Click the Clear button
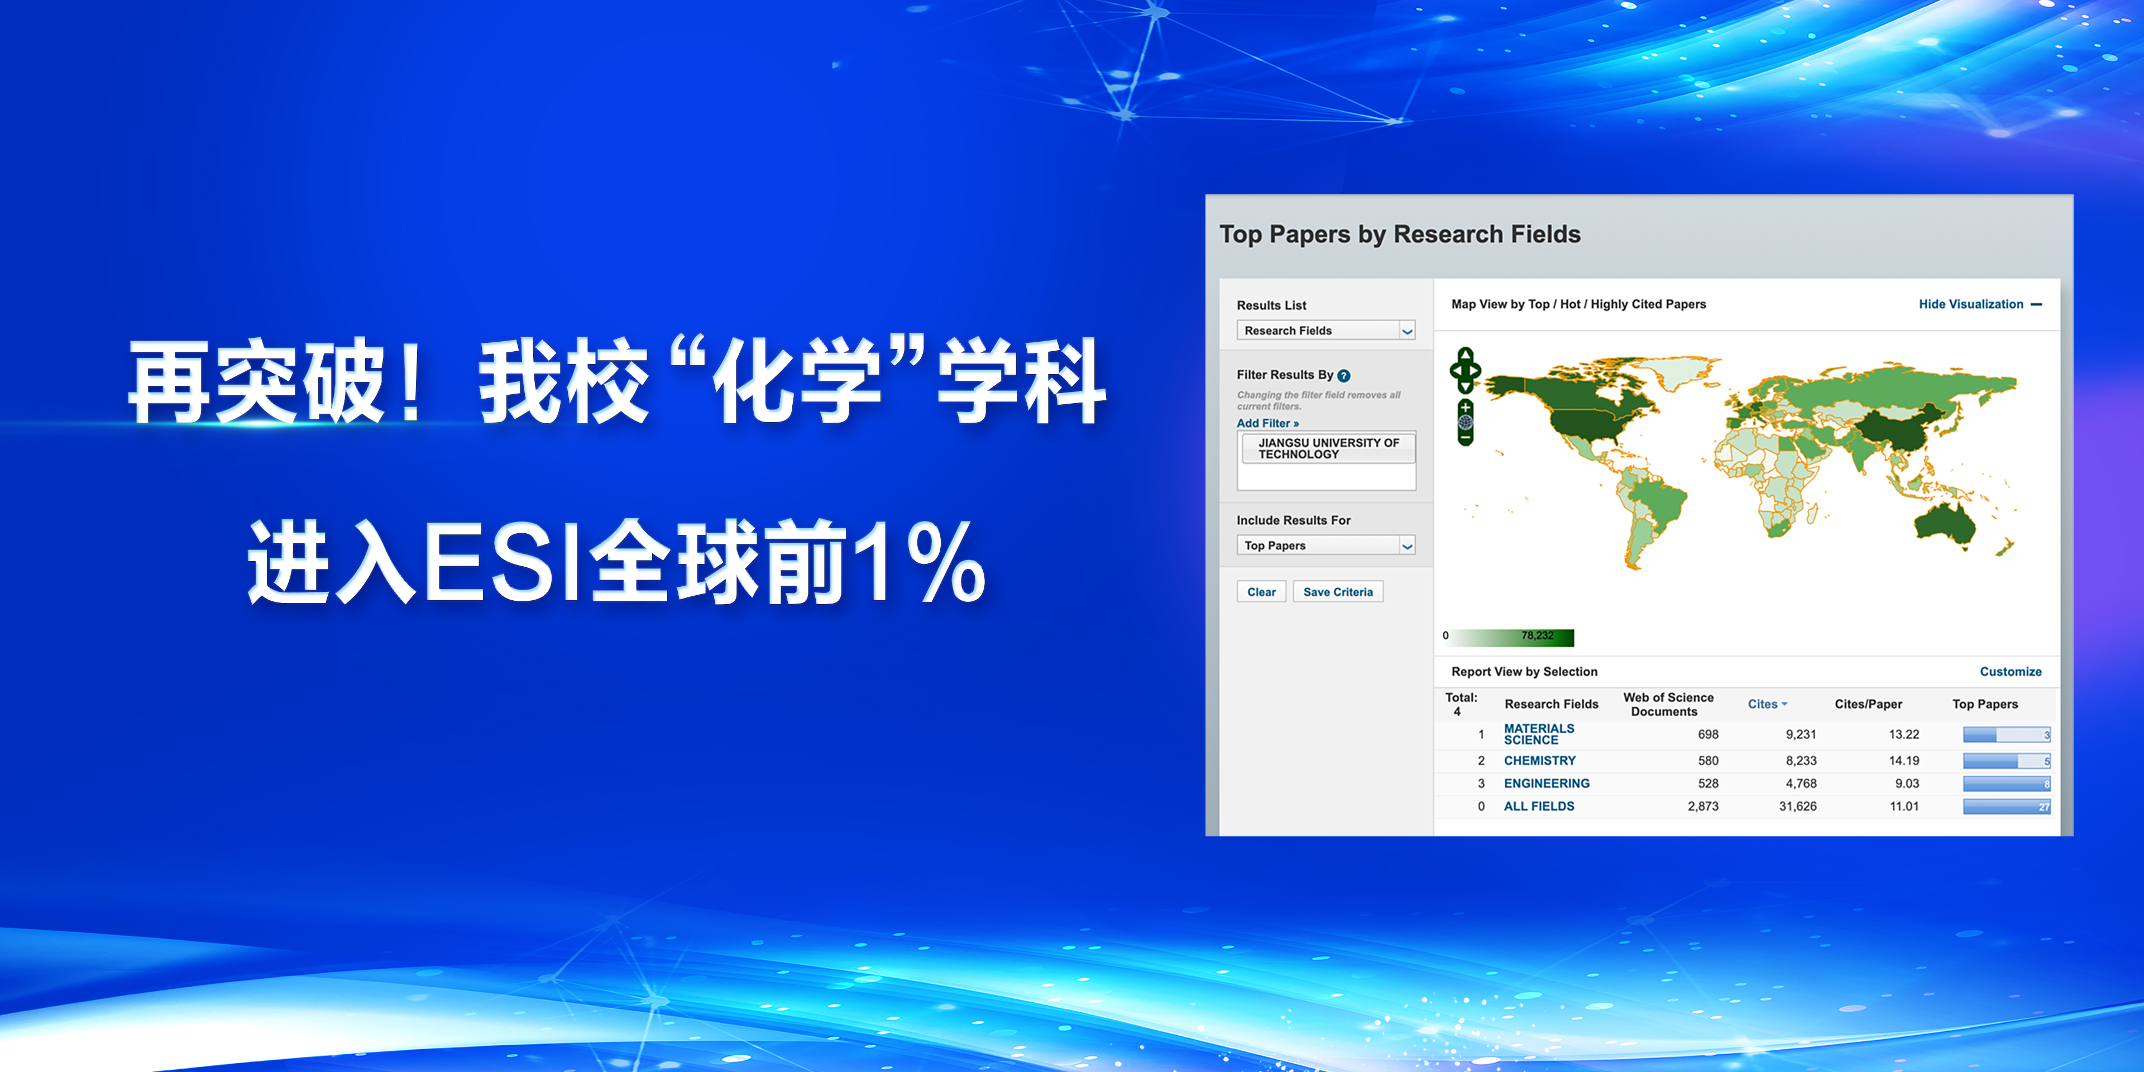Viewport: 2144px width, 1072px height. coord(1261,592)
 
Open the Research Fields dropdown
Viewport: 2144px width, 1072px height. coord(1326,331)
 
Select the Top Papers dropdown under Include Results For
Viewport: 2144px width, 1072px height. coord(1326,545)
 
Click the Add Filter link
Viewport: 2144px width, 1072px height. coord(1267,423)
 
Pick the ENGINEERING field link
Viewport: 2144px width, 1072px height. coord(1547,783)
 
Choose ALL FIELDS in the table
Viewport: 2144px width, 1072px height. coord(1539,806)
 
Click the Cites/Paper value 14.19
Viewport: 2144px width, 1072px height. coord(1903,760)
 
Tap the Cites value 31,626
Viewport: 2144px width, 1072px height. coord(1798,806)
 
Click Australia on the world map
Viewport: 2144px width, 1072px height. coord(1946,524)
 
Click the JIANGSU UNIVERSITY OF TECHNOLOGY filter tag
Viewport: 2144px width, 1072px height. coord(1328,448)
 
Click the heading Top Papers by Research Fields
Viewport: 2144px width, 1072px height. coord(1400,234)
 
